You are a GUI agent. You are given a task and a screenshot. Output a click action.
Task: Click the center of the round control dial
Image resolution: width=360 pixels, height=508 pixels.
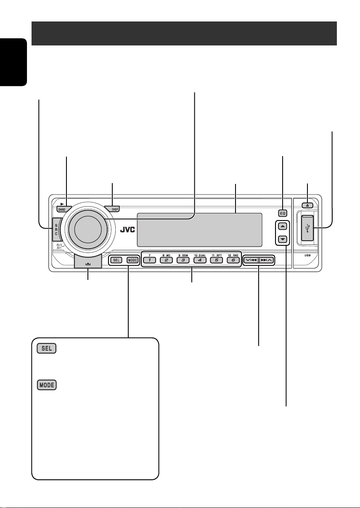tap(87, 229)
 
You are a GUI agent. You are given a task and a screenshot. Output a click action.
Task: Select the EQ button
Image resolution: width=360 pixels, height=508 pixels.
tap(282, 212)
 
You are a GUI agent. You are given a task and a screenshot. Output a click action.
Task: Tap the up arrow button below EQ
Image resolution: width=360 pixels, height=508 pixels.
tap(283, 226)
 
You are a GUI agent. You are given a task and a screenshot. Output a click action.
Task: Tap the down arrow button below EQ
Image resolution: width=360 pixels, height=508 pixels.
tap(283, 239)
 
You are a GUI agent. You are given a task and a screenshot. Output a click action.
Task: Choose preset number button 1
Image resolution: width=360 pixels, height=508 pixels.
tap(149, 260)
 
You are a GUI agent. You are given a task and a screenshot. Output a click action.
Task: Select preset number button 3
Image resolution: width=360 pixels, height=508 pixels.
tap(183, 260)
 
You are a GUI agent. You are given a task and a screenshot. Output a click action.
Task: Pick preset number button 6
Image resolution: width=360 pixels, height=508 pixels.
tap(233, 260)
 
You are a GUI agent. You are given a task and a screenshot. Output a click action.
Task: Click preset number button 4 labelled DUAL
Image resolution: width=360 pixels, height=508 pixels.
tap(200, 260)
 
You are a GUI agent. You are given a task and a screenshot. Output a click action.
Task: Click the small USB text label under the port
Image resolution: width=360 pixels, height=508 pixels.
tap(308, 255)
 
